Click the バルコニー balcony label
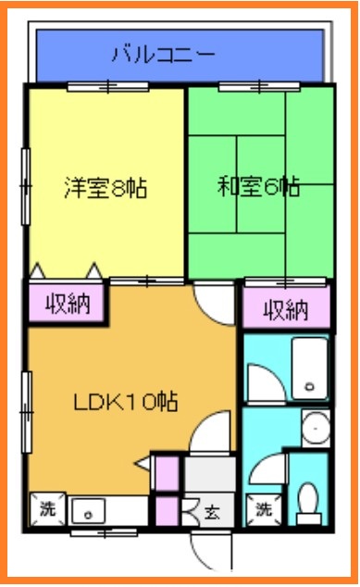164,54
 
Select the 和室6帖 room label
258,187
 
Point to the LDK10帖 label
125,402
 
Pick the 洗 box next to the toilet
264,508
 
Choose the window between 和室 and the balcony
258,87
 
